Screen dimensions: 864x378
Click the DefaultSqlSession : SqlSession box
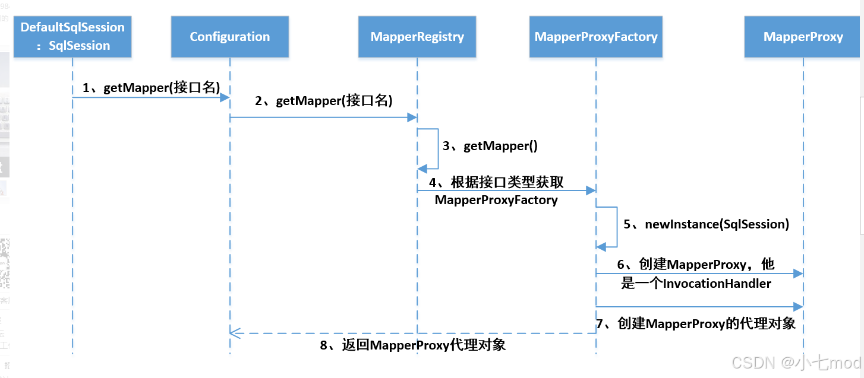point(72,37)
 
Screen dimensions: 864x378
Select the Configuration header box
point(230,37)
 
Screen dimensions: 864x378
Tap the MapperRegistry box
point(417,37)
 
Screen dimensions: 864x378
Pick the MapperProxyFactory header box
point(596,37)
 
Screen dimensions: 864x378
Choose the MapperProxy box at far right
point(803,37)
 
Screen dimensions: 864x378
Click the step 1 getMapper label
point(151,87)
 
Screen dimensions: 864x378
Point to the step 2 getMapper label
point(324,100)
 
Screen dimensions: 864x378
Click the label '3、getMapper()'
point(490,145)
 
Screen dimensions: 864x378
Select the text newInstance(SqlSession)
point(717,224)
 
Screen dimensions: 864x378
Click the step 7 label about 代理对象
point(695,323)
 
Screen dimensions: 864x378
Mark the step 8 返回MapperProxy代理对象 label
point(413,345)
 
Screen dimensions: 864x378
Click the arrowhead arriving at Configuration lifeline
point(225,97)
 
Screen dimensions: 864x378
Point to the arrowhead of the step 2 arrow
point(412,117)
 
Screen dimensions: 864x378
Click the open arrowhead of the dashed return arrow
point(235,333)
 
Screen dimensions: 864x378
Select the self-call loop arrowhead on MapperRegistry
point(422,169)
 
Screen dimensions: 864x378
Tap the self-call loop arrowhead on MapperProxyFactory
point(601,247)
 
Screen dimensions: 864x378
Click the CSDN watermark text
point(796,363)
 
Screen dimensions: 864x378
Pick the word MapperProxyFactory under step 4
point(496,200)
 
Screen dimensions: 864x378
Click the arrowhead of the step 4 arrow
point(591,190)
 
